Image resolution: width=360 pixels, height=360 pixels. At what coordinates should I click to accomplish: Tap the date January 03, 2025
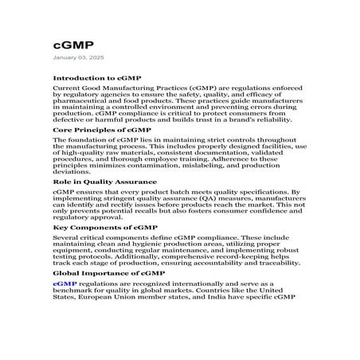77,59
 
